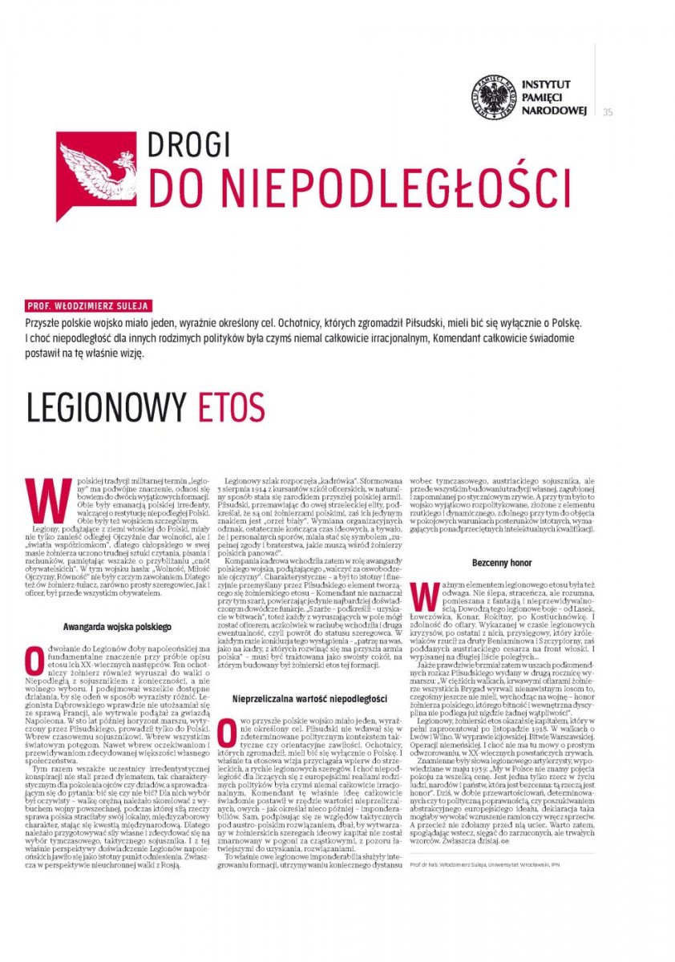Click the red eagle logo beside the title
91,174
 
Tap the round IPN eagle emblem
492,97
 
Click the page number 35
607,111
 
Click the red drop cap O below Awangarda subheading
34,658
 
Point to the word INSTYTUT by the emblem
546,83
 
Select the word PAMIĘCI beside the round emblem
544,96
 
